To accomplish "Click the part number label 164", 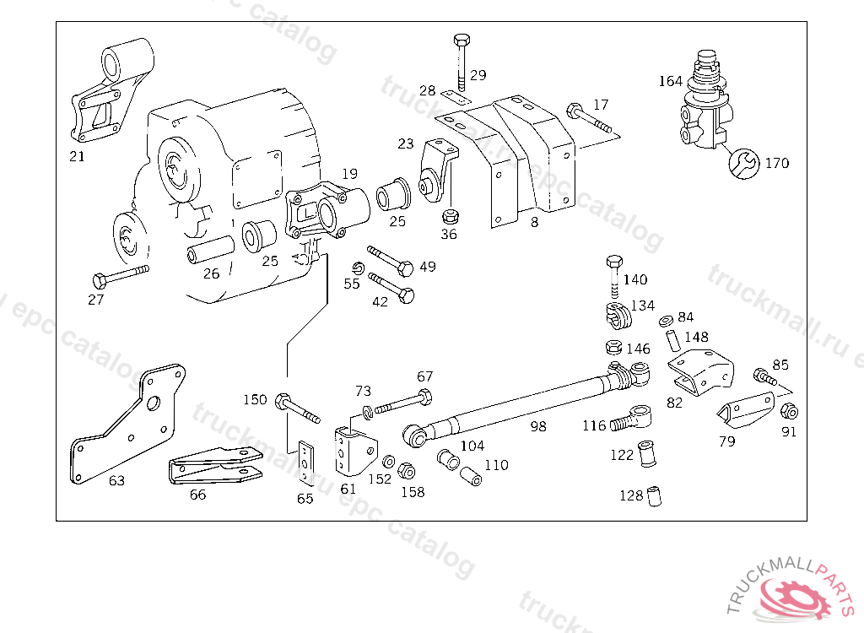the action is [x=671, y=81].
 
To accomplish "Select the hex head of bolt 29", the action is [x=462, y=40].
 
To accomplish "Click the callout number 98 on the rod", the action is [x=538, y=426].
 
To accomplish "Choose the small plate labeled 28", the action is [x=456, y=98].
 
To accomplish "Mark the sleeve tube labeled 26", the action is [x=210, y=249].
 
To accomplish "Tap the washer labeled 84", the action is [x=667, y=321].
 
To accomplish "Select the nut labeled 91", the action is [x=790, y=411].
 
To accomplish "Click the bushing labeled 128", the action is [x=654, y=496].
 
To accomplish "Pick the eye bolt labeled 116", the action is [x=633, y=419].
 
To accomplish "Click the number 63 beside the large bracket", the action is [x=116, y=481].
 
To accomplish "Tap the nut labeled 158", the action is [x=407, y=471].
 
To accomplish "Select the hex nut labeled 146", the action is [x=614, y=347].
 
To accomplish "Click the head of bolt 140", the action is [x=614, y=262].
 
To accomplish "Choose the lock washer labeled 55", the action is [x=358, y=268].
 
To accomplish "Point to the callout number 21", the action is [x=77, y=157].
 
